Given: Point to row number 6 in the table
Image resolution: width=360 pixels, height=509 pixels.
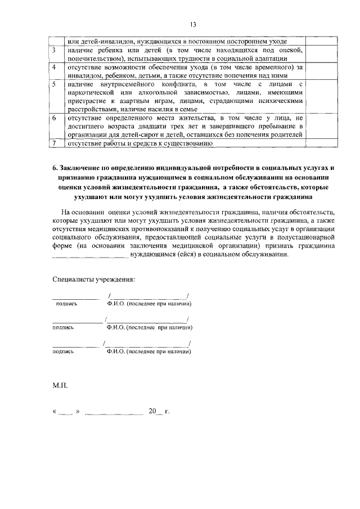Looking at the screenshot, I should (x=53, y=118).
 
